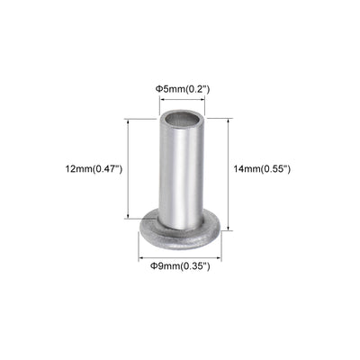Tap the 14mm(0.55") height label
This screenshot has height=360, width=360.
point(268,168)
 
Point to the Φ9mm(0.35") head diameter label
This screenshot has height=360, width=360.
point(180,266)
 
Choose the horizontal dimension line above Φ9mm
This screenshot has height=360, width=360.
point(180,256)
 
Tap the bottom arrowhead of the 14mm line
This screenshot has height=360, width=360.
point(229,229)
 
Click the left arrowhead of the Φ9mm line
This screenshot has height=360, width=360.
point(144,256)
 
